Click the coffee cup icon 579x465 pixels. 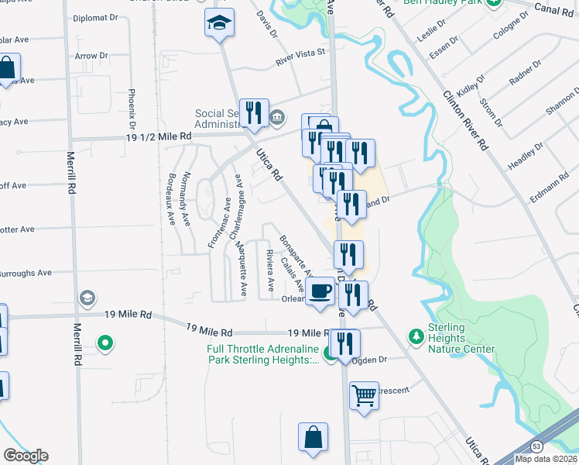coord(320,291)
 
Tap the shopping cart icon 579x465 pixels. coord(363,396)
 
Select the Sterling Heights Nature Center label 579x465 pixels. coord(461,339)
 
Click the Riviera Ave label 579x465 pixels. coord(270,270)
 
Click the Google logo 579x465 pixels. coord(26,456)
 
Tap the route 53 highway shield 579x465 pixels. coord(536,446)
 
